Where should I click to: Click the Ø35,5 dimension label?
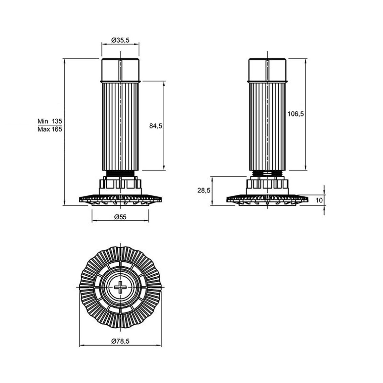[120, 40]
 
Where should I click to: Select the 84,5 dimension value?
[156, 126]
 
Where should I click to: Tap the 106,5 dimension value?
[296, 114]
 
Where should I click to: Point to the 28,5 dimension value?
[204, 190]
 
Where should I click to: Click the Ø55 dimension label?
[120, 217]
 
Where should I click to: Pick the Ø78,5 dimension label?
[120, 341]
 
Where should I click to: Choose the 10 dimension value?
[319, 200]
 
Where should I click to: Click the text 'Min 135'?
[50, 121]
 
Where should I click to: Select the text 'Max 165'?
[50, 129]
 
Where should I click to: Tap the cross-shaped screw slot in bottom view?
[120, 287]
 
